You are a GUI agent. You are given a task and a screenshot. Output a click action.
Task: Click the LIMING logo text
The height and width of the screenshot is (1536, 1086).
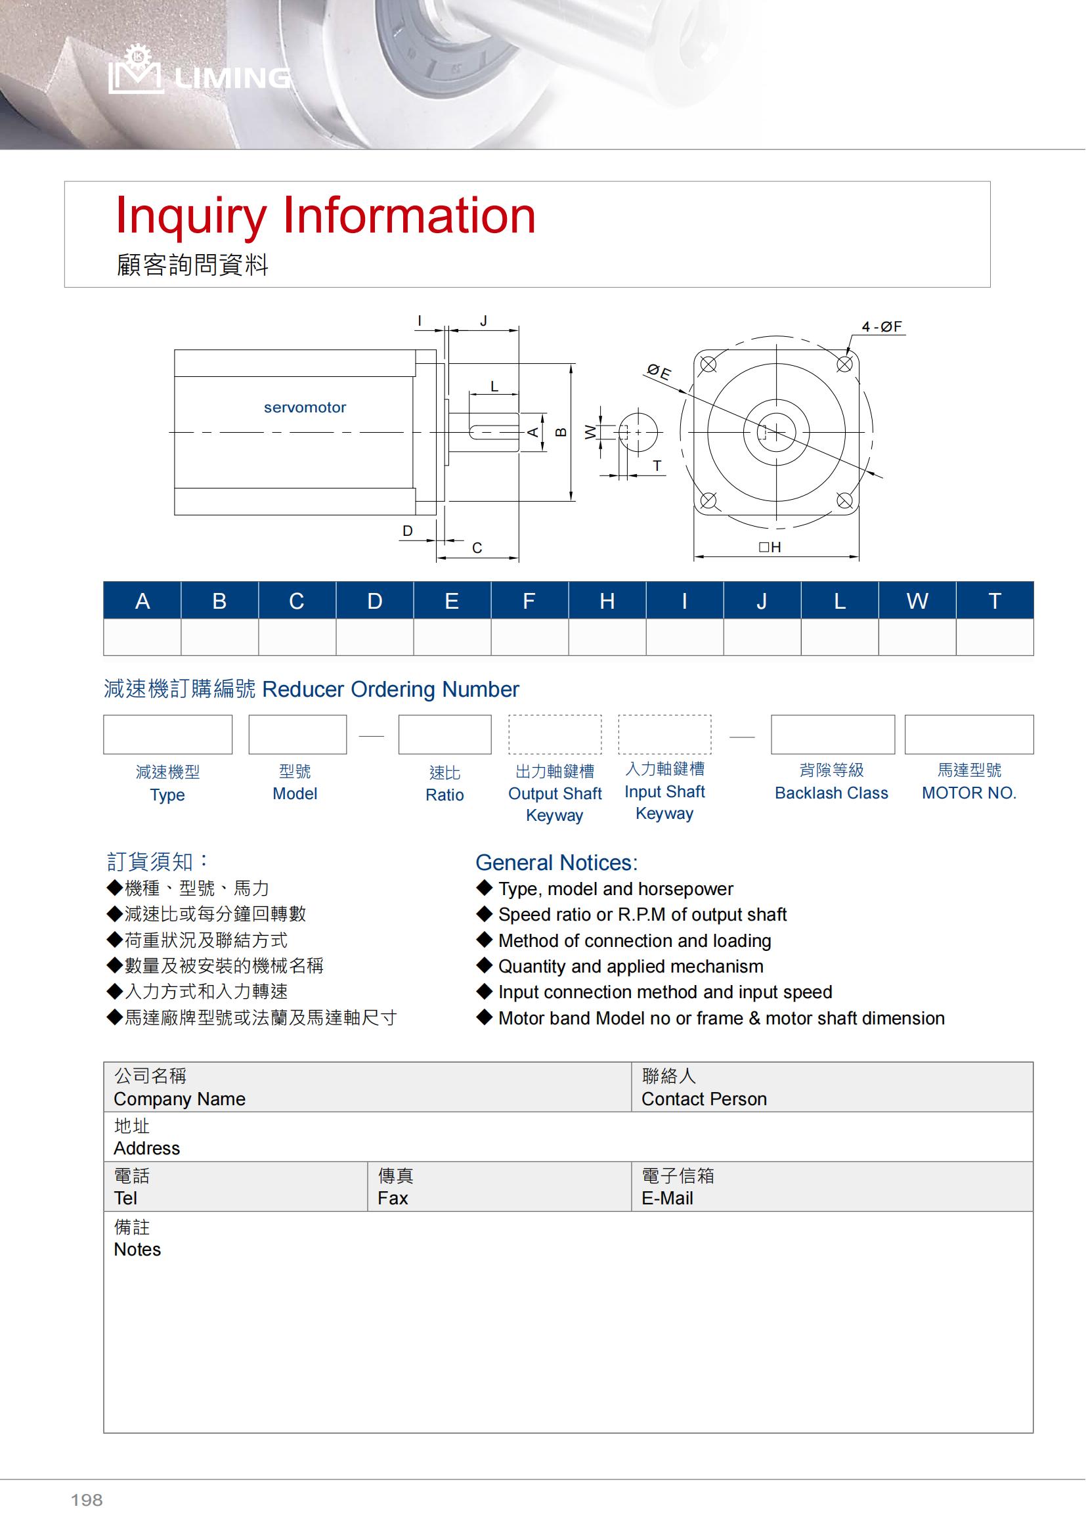pos(231,78)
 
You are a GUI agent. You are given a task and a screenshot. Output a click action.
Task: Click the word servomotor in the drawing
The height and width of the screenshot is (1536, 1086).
pos(305,407)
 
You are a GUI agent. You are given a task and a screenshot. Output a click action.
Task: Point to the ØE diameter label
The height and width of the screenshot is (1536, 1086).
pos(659,371)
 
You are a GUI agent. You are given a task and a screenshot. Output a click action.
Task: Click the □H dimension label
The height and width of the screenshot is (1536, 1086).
pos(770,547)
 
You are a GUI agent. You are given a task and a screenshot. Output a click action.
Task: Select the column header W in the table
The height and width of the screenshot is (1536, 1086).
pos(917,601)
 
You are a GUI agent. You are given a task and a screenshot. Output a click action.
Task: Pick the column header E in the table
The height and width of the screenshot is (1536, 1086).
pos(451,601)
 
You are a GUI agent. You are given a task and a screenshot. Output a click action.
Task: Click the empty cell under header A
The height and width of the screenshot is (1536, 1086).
pos(142,637)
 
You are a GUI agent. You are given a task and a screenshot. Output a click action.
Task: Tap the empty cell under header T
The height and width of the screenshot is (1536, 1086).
pos(994,637)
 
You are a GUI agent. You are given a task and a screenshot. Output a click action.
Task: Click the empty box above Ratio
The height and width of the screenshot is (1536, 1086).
pos(445,735)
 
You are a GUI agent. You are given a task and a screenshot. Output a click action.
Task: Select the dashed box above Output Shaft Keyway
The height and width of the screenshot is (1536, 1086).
pos(555,735)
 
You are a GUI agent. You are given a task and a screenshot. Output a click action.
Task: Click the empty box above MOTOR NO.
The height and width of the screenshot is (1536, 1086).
pos(969,735)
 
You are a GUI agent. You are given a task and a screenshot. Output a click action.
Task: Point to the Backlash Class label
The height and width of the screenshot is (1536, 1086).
pos(831,793)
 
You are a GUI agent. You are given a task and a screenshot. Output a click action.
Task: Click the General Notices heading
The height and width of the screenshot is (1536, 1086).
pos(556,862)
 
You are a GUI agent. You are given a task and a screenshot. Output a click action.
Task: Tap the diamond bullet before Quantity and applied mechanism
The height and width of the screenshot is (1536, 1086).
pos(484,965)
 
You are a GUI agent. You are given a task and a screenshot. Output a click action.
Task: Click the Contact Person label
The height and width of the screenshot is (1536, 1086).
pos(703,1099)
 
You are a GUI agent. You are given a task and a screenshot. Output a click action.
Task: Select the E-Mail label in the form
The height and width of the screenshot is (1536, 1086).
pos(666,1198)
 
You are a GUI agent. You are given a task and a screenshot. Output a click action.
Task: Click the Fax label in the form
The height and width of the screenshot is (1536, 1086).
pos(393,1198)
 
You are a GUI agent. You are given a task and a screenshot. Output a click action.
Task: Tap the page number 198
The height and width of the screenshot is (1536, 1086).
pos(87,1500)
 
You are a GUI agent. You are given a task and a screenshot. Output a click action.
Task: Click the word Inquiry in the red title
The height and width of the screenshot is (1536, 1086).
pos(190,216)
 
